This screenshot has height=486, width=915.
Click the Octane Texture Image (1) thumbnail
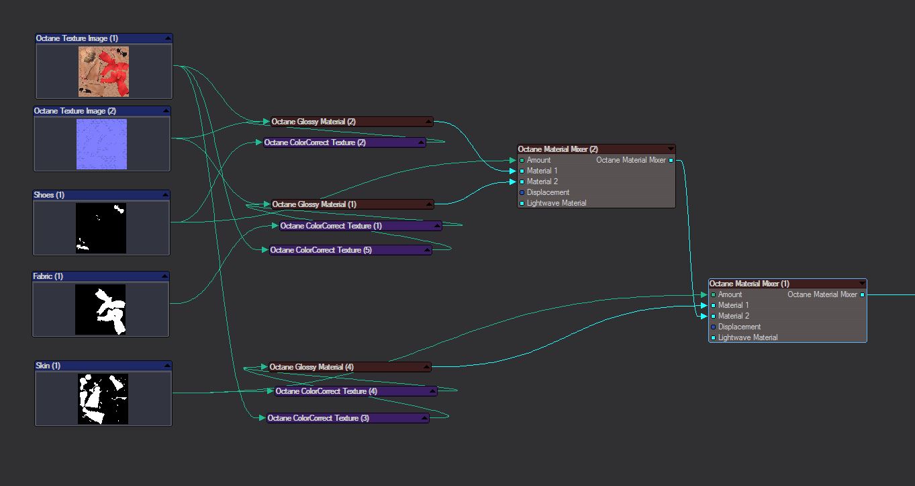(x=103, y=71)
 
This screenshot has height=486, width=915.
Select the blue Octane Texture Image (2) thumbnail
(x=101, y=144)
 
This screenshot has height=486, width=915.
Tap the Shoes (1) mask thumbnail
(x=101, y=228)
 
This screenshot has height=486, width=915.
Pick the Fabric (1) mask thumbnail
(x=101, y=309)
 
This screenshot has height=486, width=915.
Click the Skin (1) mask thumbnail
(x=103, y=399)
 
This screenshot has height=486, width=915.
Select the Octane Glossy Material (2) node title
(x=314, y=122)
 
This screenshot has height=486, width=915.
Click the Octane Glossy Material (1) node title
(x=314, y=204)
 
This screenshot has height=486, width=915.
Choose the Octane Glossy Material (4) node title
(x=311, y=367)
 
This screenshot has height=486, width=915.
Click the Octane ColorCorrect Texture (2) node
(x=315, y=143)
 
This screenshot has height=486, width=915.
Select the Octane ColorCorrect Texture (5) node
(x=321, y=250)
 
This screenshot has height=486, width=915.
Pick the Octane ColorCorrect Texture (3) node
(x=318, y=418)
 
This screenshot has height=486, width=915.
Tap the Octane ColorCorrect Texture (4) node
(x=326, y=391)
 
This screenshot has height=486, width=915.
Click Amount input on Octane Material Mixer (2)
(x=522, y=161)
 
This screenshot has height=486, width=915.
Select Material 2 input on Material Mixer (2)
(x=522, y=182)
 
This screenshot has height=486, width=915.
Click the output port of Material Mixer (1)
(x=862, y=294)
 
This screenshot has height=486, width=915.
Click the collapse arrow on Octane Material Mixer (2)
(x=670, y=149)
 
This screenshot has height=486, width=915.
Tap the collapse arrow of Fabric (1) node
(x=163, y=276)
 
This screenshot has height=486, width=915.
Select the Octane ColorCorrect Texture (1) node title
(x=331, y=226)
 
